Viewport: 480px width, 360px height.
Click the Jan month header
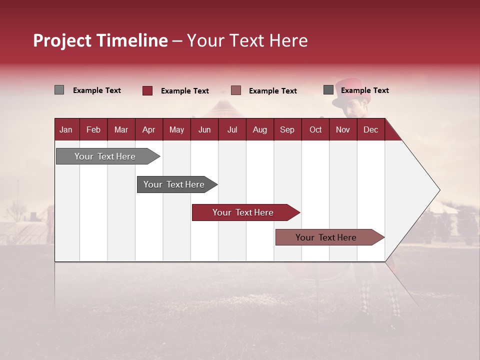click(66, 129)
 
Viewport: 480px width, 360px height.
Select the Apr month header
click(149, 129)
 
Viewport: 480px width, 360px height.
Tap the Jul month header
click(232, 129)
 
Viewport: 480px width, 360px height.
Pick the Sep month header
click(287, 129)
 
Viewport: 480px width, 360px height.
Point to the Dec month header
click(370, 129)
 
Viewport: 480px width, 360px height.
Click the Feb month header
click(93, 129)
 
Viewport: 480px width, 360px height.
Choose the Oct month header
click(315, 129)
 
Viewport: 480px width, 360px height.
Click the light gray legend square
click(59, 90)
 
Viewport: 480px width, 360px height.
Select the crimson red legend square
click(147, 90)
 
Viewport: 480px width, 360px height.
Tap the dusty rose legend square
click(236, 90)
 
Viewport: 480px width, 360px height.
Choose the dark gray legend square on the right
click(328, 90)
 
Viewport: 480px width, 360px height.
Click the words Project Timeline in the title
click(100, 40)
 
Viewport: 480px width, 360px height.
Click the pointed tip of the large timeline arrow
click(438, 190)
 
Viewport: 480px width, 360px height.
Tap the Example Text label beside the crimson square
click(184, 91)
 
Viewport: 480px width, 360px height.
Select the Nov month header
click(343, 129)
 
